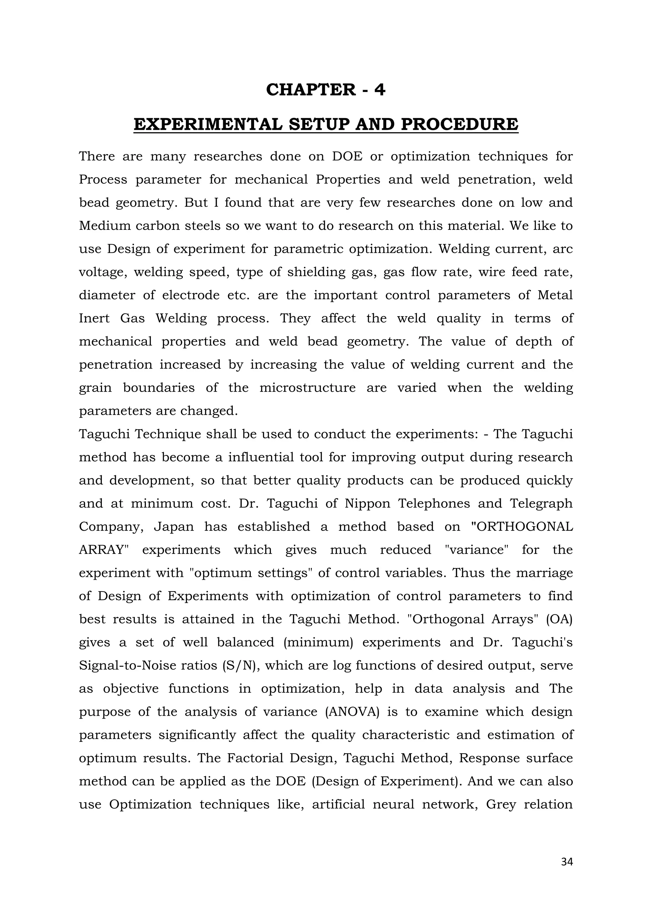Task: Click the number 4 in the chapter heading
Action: [379, 89]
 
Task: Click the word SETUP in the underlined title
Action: [320, 124]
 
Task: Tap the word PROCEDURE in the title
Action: [459, 124]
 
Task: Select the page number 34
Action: [566, 862]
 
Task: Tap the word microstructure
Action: [307, 388]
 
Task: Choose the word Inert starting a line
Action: [94, 318]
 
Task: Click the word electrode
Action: [191, 295]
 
